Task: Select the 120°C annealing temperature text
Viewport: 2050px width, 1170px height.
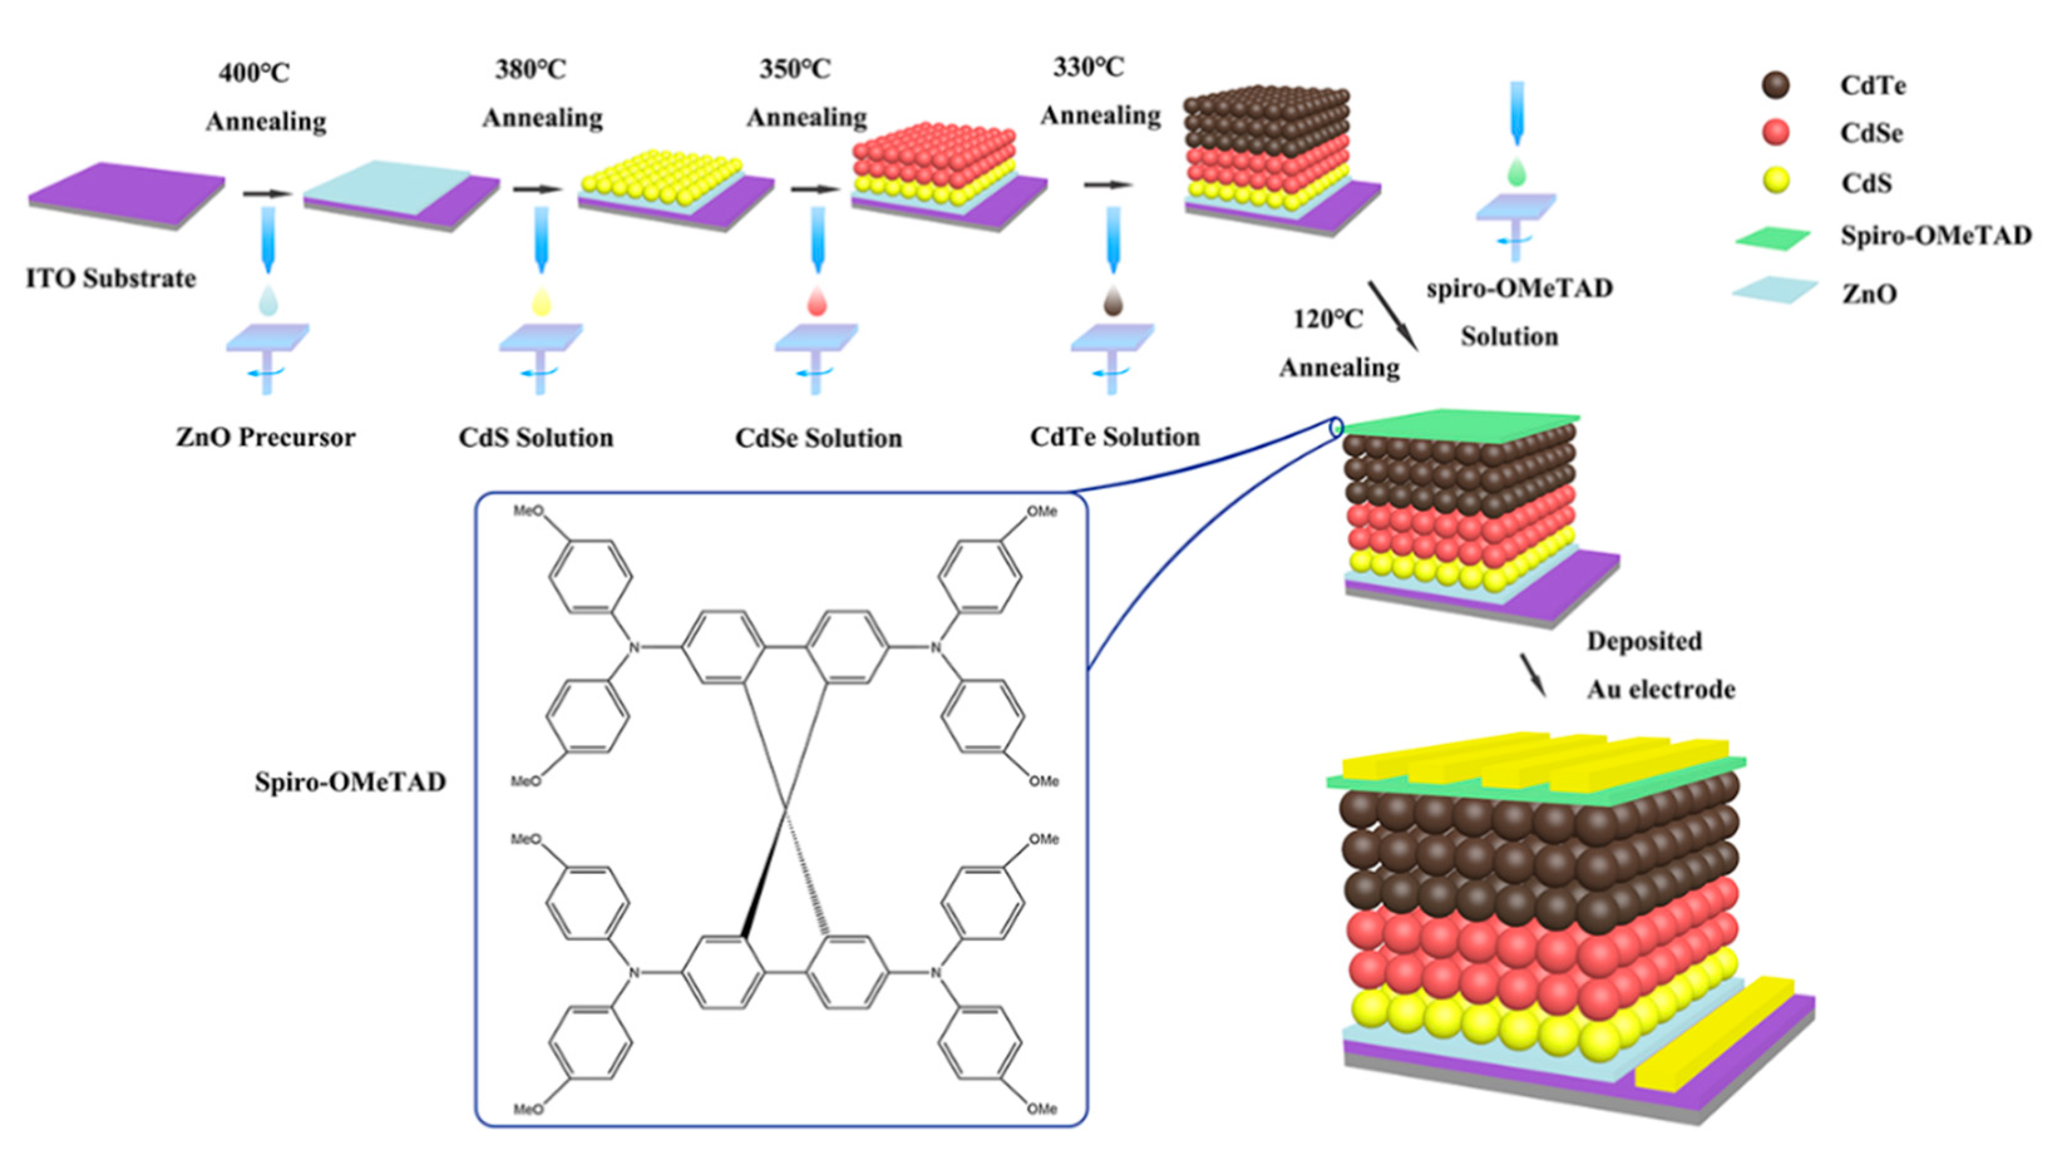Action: (1328, 319)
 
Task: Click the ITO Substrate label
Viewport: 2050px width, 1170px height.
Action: (111, 279)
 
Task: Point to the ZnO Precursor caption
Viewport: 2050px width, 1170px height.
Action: (265, 437)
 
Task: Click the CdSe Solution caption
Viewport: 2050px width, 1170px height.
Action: (818, 438)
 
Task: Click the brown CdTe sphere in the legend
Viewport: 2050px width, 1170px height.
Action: (1775, 85)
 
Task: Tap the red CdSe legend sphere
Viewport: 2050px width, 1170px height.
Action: (1775, 133)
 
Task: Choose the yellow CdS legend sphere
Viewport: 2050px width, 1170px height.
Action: (1775, 182)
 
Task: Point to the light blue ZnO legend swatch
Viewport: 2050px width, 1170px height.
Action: (1774, 290)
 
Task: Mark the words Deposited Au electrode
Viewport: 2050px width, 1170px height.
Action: (1659, 666)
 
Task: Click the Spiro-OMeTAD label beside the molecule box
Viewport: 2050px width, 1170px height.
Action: (350, 782)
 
